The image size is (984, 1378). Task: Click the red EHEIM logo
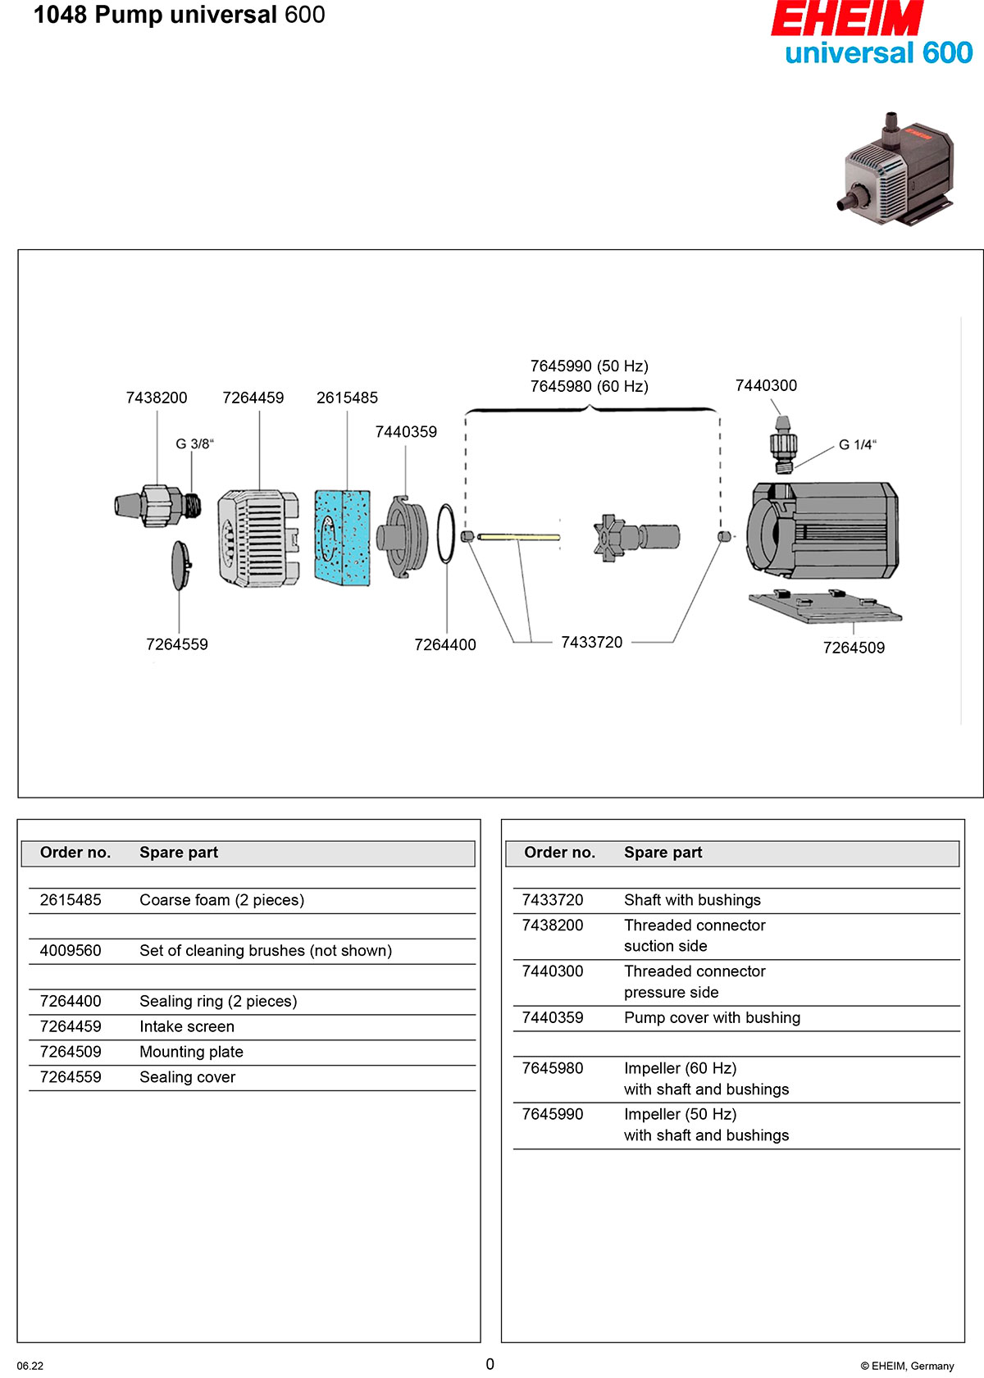point(846,19)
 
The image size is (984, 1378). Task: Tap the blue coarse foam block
point(343,538)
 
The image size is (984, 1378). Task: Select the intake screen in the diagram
point(258,539)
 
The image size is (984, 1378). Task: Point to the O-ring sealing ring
point(445,534)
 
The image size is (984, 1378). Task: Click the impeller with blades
point(611,538)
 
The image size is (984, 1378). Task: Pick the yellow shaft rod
point(518,537)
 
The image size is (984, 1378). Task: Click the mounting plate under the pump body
point(823,606)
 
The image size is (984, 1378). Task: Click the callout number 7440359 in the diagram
point(406,432)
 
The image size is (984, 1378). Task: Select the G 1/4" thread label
point(857,445)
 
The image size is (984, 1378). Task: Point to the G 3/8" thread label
point(194,444)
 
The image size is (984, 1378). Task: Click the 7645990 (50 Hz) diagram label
point(589,366)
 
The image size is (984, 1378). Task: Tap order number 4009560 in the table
point(71,951)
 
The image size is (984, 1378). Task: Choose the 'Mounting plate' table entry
point(191,1052)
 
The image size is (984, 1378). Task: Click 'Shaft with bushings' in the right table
point(692,900)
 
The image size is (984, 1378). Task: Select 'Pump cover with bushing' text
point(712,1018)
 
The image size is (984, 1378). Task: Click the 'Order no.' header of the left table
point(75,853)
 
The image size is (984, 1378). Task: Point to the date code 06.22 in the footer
point(30,1366)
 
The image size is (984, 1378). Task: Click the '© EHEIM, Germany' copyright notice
point(907,1366)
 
